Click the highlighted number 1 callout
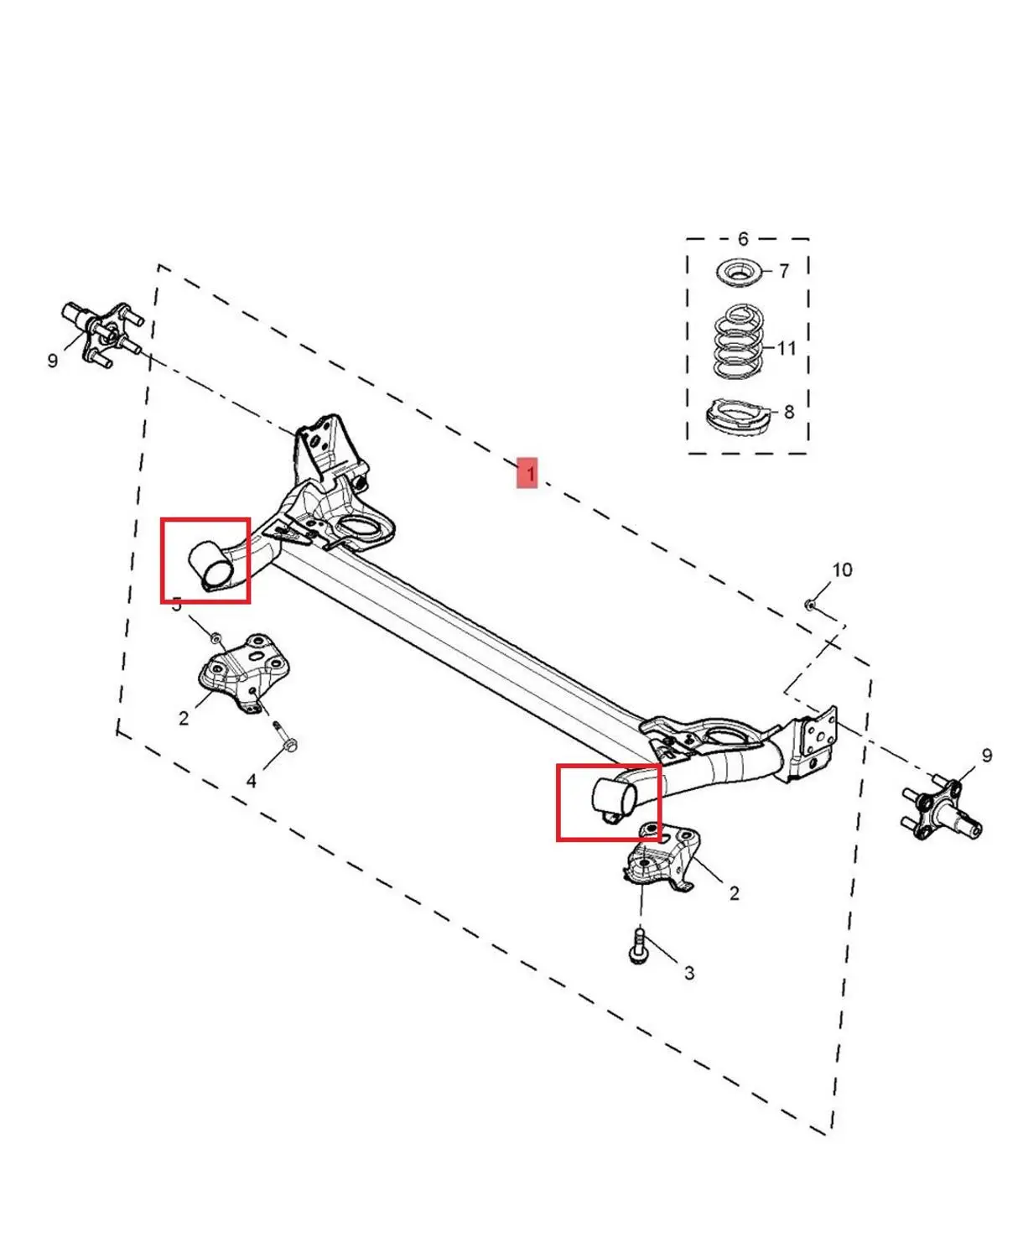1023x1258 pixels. (x=527, y=473)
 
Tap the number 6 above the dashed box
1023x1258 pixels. (x=743, y=239)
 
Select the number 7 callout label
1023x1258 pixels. (x=784, y=271)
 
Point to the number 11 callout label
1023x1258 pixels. (x=786, y=348)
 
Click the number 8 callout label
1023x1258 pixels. (x=789, y=412)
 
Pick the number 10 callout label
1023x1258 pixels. (x=842, y=570)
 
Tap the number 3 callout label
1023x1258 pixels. (x=689, y=973)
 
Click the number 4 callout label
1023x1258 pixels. (x=252, y=781)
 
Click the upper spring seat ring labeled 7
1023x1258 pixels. (x=738, y=272)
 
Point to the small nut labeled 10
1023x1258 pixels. (x=810, y=604)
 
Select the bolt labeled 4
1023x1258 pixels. (x=284, y=737)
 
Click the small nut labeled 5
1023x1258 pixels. (x=216, y=637)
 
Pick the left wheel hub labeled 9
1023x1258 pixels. (x=100, y=333)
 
